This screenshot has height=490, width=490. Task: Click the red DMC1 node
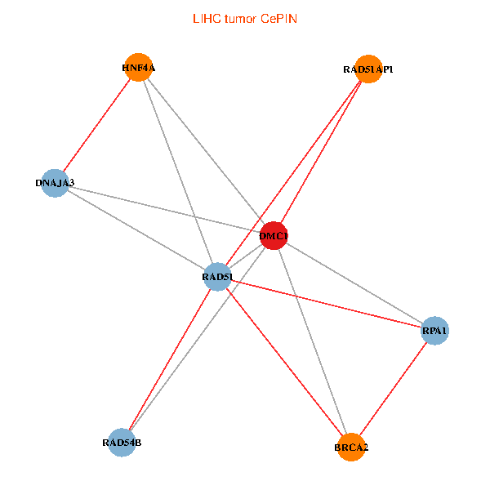click(x=273, y=236)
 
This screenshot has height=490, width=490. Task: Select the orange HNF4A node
click(x=139, y=68)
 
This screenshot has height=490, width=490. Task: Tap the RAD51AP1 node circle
click(x=368, y=69)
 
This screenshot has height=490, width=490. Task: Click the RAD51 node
click(x=217, y=277)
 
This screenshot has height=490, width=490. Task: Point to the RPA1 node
click(x=434, y=331)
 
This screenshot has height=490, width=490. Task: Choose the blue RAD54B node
click(x=122, y=442)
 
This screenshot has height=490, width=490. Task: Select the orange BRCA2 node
click(x=351, y=447)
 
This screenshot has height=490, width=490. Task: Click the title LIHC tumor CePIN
click(x=245, y=18)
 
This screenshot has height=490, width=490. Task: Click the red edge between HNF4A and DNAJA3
click(x=96, y=125)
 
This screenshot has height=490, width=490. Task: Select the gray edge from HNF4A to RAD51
click(x=178, y=172)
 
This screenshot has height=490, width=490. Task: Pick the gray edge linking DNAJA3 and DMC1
click(x=163, y=209)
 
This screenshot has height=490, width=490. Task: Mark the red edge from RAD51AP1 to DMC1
click(x=320, y=153)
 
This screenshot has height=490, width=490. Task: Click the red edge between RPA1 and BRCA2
click(x=393, y=389)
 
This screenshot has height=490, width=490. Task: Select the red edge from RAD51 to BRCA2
click(x=284, y=362)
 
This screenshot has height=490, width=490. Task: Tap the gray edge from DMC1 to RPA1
click(x=354, y=283)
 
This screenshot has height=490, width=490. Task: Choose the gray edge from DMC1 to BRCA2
click(x=312, y=341)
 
